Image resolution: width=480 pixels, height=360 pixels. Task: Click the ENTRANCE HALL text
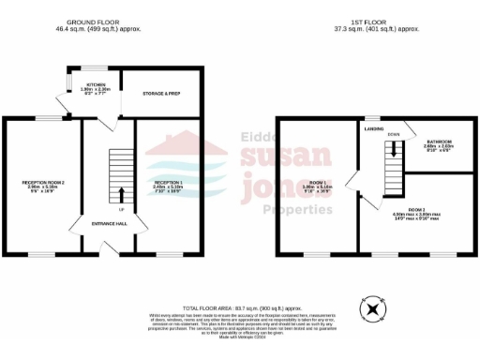110,224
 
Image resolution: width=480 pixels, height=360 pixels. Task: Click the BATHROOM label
437,142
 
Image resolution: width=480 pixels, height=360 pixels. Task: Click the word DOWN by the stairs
394,135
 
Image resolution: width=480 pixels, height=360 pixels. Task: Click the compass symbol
374,308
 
